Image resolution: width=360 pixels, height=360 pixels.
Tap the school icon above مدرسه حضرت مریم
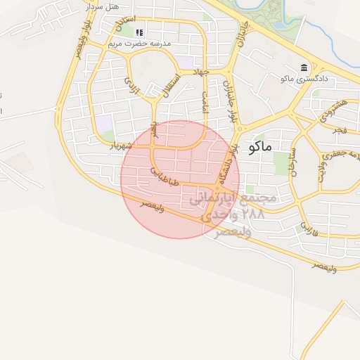pyautogui.click(x=139, y=32)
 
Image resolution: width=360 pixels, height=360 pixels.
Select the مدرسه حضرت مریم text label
pyautogui.click(x=140, y=44)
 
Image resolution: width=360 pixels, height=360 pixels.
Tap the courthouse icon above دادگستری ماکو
pyautogui.click(x=304, y=67)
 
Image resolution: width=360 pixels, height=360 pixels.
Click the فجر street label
pyautogui.click(x=340, y=131)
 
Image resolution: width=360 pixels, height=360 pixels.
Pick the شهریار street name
pyautogui.click(x=120, y=146)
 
